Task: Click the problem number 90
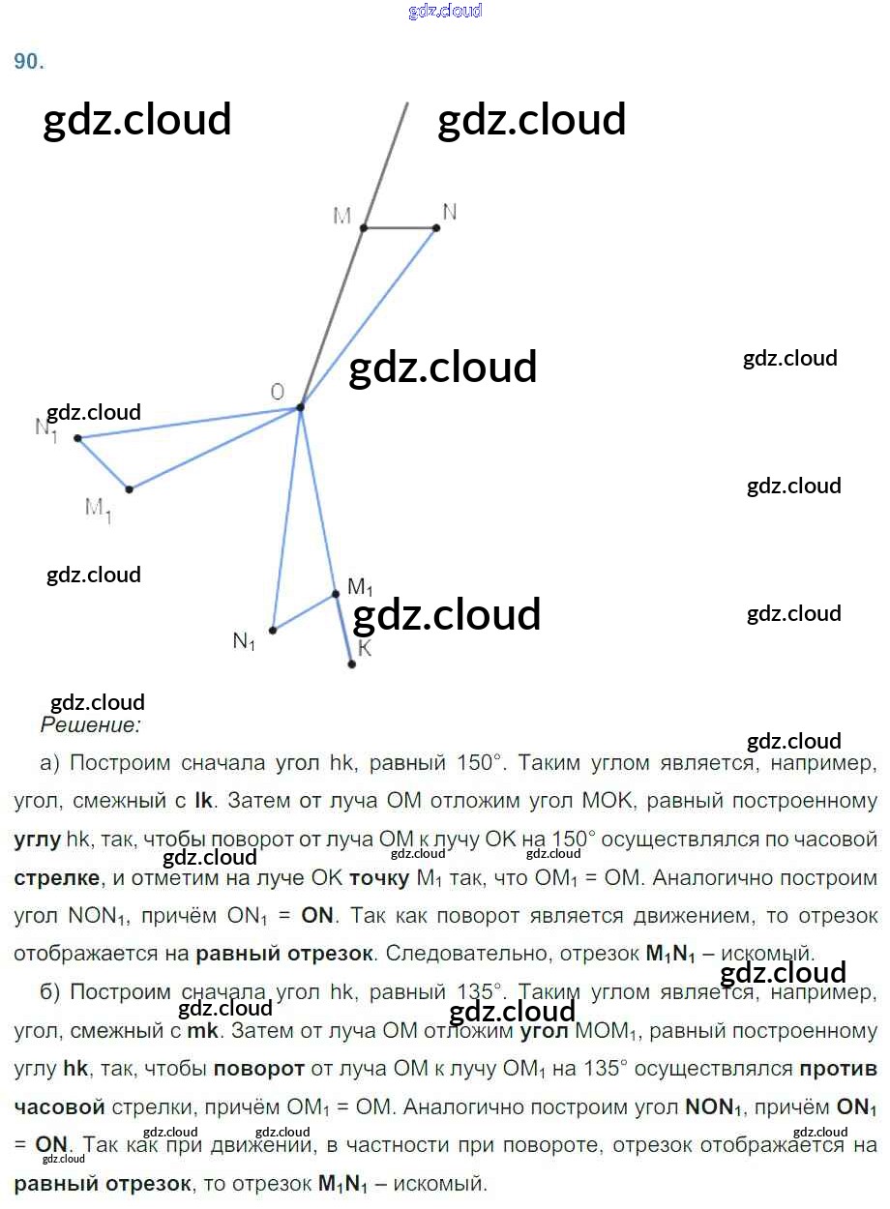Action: tap(29, 61)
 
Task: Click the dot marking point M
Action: tap(364, 228)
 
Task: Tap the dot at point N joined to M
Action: tap(436, 228)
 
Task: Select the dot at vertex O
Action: tap(300, 407)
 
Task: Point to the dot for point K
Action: tap(352, 664)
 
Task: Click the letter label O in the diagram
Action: tap(278, 392)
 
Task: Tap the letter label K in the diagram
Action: tap(365, 649)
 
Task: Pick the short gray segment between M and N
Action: tap(400, 228)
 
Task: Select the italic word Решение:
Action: tap(91, 723)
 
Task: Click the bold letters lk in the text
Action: tap(204, 801)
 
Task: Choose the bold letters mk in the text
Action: tap(203, 1031)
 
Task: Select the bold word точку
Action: tap(379, 878)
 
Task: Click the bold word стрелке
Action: tap(57, 878)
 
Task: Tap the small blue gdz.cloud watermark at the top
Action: tap(445, 12)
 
